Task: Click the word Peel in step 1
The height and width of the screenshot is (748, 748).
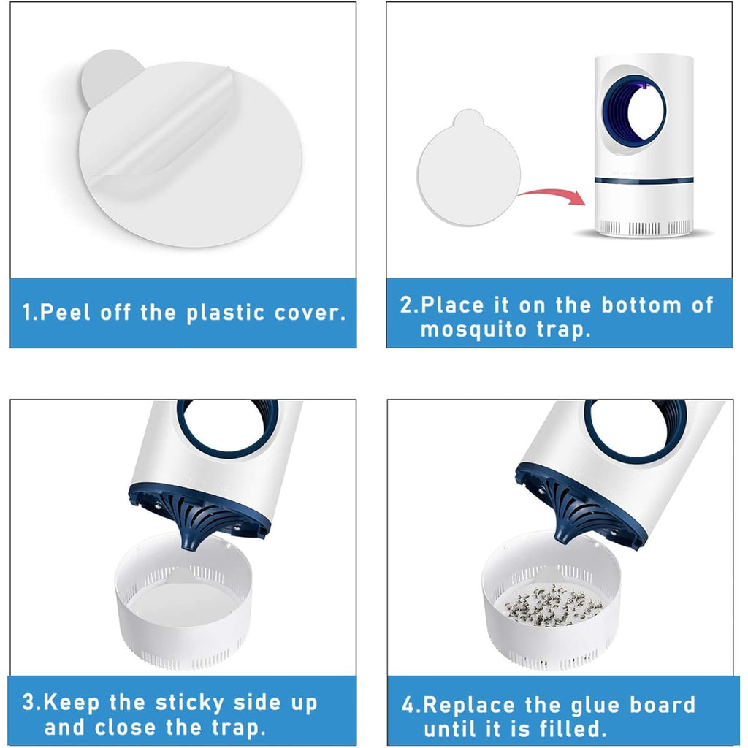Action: click(65, 313)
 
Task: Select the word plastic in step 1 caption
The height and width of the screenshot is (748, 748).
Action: click(225, 313)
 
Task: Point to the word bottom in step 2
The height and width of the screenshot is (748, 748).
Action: click(641, 305)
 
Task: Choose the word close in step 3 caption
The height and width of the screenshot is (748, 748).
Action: click(125, 728)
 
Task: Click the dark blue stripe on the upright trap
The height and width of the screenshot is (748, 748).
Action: click(644, 180)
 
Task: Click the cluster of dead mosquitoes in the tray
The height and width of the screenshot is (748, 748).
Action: click(554, 606)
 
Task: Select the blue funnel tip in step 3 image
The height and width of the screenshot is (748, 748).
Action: click(193, 539)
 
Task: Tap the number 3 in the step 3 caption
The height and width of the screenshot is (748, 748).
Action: click(28, 703)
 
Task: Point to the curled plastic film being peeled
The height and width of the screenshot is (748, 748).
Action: click(162, 134)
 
